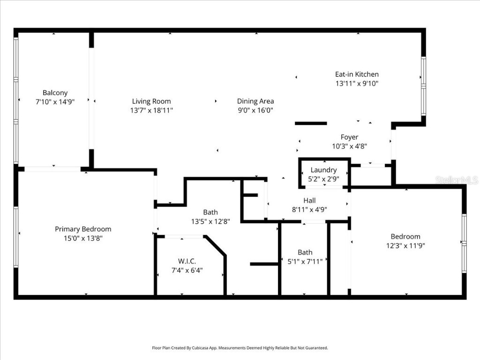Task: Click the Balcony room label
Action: [55, 93]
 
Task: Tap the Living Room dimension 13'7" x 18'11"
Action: [151, 111]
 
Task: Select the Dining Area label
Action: [255, 101]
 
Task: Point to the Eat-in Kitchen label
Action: [356, 74]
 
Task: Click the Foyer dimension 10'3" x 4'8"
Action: [349, 146]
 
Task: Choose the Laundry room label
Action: [323, 170]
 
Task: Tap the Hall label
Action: [309, 200]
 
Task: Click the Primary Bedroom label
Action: [83, 229]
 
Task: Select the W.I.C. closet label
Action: [187, 261]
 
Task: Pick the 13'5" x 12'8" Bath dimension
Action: [210, 222]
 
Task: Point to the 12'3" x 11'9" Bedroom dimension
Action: [405, 246]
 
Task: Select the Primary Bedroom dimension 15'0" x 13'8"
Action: [83, 238]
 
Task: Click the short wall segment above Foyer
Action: [310, 123]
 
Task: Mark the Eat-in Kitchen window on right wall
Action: [423, 87]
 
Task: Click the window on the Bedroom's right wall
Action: [464, 243]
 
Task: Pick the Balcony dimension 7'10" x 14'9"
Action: [55, 102]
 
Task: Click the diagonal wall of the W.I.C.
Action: [216, 246]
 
